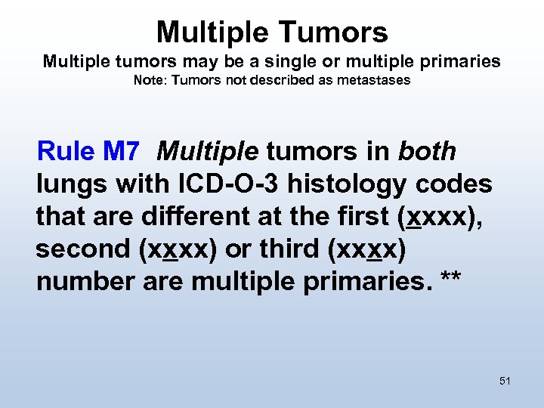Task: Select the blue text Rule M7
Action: click(88, 152)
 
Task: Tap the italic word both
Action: click(428, 152)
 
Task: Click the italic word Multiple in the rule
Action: click(208, 152)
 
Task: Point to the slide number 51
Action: click(505, 381)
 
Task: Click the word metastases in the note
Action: click(376, 80)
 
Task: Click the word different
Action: click(182, 216)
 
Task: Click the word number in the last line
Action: click(85, 280)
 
